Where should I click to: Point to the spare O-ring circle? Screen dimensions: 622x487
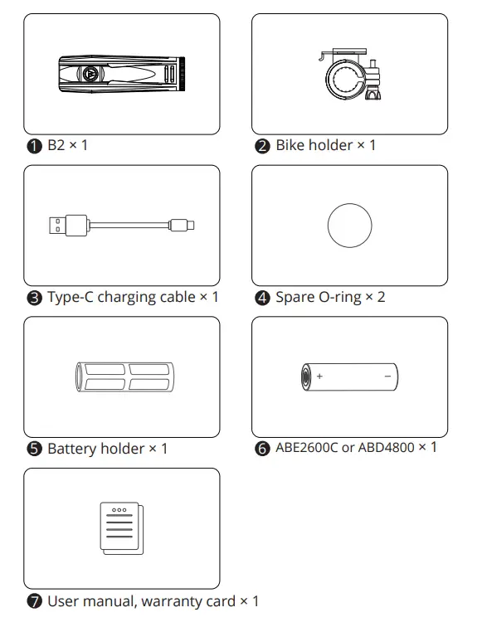(x=349, y=226)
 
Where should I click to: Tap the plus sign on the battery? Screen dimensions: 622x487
(x=320, y=377)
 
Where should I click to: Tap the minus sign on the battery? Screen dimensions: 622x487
(x=387, y=377)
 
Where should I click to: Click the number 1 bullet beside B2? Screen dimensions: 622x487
(x=33, y=146)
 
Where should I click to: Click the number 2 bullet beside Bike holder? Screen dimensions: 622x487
(x=262, y=146)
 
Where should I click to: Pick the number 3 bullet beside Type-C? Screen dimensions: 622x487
(x=33, y=298)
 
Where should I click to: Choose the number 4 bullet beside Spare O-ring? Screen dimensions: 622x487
(x=262, y=298)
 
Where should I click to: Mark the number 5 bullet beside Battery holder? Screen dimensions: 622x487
(x=33, y=449)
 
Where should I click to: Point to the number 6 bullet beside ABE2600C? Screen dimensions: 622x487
(x=262, y=449)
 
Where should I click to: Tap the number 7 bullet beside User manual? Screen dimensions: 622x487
(x=33, y=601)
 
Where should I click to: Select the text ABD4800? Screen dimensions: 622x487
(x=384, y=448)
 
